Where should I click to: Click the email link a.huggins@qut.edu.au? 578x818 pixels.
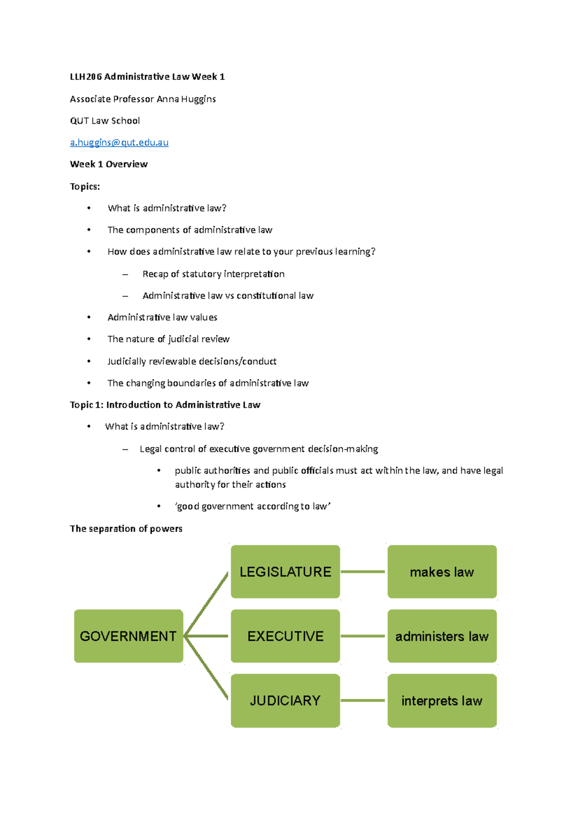pos(119,143)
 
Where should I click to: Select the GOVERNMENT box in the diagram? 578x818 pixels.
pos(129,636)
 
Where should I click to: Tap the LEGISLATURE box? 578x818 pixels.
pos(285,572)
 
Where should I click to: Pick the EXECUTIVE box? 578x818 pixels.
pos(285,636)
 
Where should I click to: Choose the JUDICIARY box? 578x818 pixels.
pos(285,700)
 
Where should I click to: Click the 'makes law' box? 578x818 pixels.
pos(442,572)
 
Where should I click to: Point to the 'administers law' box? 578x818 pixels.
pos(442,636)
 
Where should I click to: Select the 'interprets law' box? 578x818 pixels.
pos(442,700)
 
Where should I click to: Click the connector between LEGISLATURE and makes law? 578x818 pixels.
pos(363,572)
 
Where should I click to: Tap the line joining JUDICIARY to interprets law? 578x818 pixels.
pos(363,700)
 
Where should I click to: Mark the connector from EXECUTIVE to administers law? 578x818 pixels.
pos(363,636)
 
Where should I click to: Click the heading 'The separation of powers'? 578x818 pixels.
pos(126,528)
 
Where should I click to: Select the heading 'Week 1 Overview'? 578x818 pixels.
pos(109,164)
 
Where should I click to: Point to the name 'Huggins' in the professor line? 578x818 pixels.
pos(198,99)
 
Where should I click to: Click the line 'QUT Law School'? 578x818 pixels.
pos(105,121)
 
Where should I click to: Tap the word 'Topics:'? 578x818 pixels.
pos(85,186)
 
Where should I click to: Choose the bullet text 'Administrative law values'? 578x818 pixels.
pos(162,317)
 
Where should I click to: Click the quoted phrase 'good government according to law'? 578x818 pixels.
pos(252,506)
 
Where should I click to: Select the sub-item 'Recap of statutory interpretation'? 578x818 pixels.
pos(213,274)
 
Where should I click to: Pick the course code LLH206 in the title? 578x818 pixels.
pos(86,77)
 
